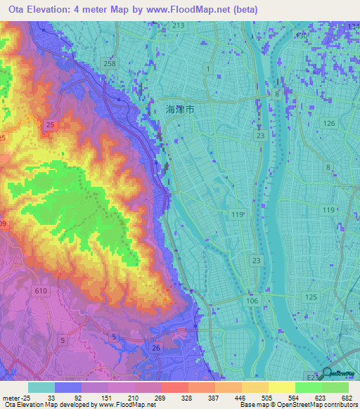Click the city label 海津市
pos(179,110)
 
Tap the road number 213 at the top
pos(178,26)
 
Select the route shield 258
pos(109,64)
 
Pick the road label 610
pos(41,290)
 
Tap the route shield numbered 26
pos(156,348)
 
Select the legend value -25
pos(27,398)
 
